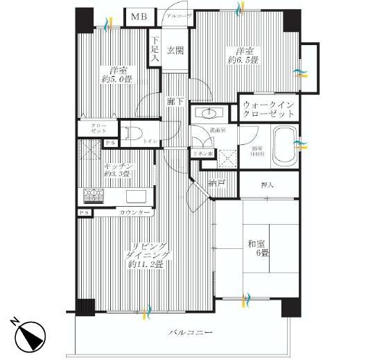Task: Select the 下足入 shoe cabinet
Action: [x=155, y=50]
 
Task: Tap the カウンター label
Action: [x=134, y=212]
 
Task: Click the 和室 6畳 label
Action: [x=259, y=249]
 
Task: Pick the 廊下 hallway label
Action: [x=175, y=101]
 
